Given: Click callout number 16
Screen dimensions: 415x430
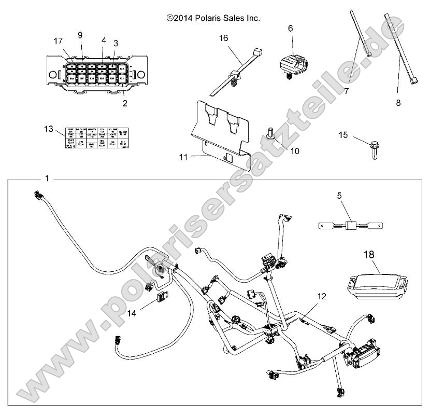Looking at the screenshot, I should [x=223, y=37].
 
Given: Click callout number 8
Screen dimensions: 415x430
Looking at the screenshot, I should [x=398, y=103].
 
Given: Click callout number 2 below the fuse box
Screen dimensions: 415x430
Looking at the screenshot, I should [x=125, y=103].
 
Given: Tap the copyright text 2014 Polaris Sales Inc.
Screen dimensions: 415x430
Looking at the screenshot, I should [x=213, y=18].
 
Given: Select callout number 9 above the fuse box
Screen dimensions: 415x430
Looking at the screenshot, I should [x=80, y=35].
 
